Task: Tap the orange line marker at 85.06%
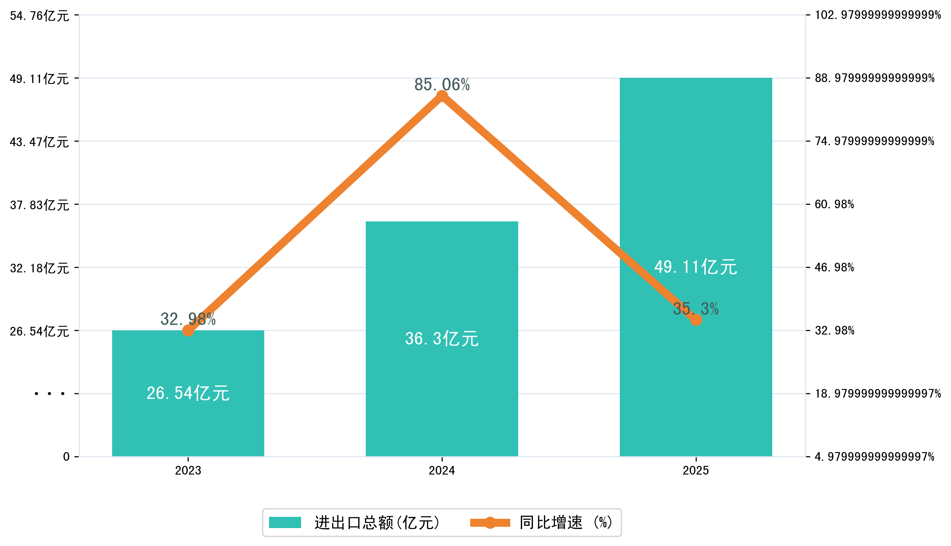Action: click(442, 96)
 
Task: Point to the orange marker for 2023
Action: click(188, 330)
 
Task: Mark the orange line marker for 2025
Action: click(696, 320)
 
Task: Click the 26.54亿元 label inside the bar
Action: click(188, 393)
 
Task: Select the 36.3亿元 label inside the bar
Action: click(442, 339)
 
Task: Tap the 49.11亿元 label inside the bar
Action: click(695, 267)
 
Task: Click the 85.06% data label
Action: click(442, 85)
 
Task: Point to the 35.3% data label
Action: click(695, 309)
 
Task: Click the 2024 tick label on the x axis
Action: click(442, 470)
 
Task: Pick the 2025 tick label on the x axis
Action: click(695, 470)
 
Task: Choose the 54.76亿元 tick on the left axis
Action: click(39, 16)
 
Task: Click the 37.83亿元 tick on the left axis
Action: click(39, 205)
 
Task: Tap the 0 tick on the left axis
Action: click(66, 457)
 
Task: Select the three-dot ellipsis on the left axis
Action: click(49, 394)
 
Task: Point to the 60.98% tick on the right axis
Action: click(834, 204)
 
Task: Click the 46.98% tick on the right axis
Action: click(834, 267)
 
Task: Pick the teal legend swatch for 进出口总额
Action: click(285, 522)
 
